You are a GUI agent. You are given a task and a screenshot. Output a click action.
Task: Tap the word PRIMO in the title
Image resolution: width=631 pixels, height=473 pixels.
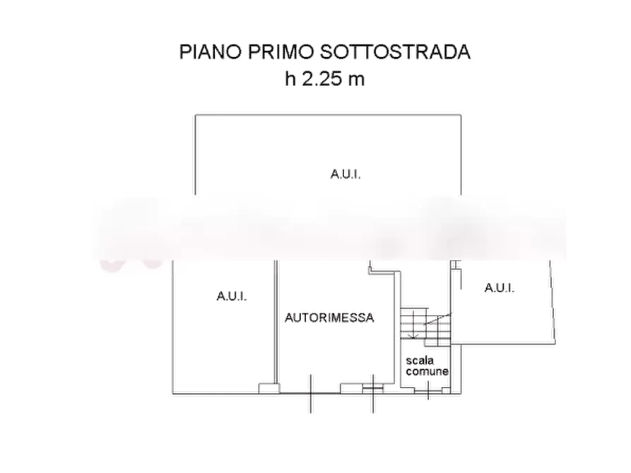click(x=273, y=54)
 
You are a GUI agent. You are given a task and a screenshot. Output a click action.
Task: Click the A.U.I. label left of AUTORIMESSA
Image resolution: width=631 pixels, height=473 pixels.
click(x=232, y=297)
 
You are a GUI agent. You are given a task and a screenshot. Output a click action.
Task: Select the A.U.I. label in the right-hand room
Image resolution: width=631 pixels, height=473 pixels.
click(x=500, y=288)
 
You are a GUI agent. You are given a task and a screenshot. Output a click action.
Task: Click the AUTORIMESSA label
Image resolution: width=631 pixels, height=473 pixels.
click(x=330, y=318)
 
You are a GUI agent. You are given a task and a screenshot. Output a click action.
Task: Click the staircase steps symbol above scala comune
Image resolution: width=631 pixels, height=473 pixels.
click(x=426, y=323)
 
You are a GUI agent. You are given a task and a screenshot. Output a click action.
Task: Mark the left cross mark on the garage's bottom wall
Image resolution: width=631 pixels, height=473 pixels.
click(x=310, y=390)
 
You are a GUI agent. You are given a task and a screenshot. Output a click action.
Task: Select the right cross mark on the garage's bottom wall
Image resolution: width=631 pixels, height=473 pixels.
click(x=372, y=390)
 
